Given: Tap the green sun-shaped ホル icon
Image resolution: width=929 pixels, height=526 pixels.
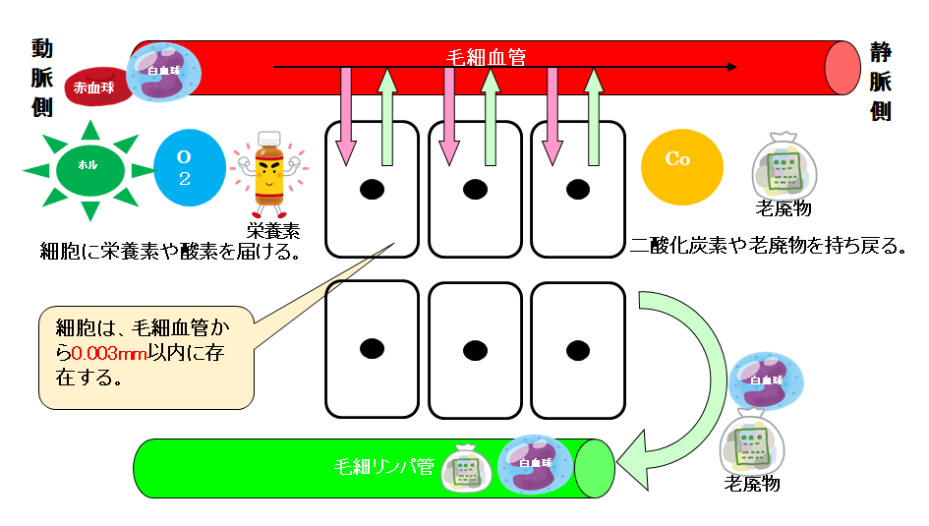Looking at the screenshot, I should point(88,169).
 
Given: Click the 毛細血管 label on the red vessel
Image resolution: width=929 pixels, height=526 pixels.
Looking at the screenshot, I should point(486,57).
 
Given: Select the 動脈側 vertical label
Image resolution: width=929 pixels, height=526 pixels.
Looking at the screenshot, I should point(41,79).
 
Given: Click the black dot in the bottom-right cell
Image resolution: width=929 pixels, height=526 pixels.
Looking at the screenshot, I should point(575,347).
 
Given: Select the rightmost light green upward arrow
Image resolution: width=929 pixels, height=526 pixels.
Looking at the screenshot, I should point(593,116).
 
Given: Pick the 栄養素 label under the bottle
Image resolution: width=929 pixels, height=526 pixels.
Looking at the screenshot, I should point(271,232).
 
